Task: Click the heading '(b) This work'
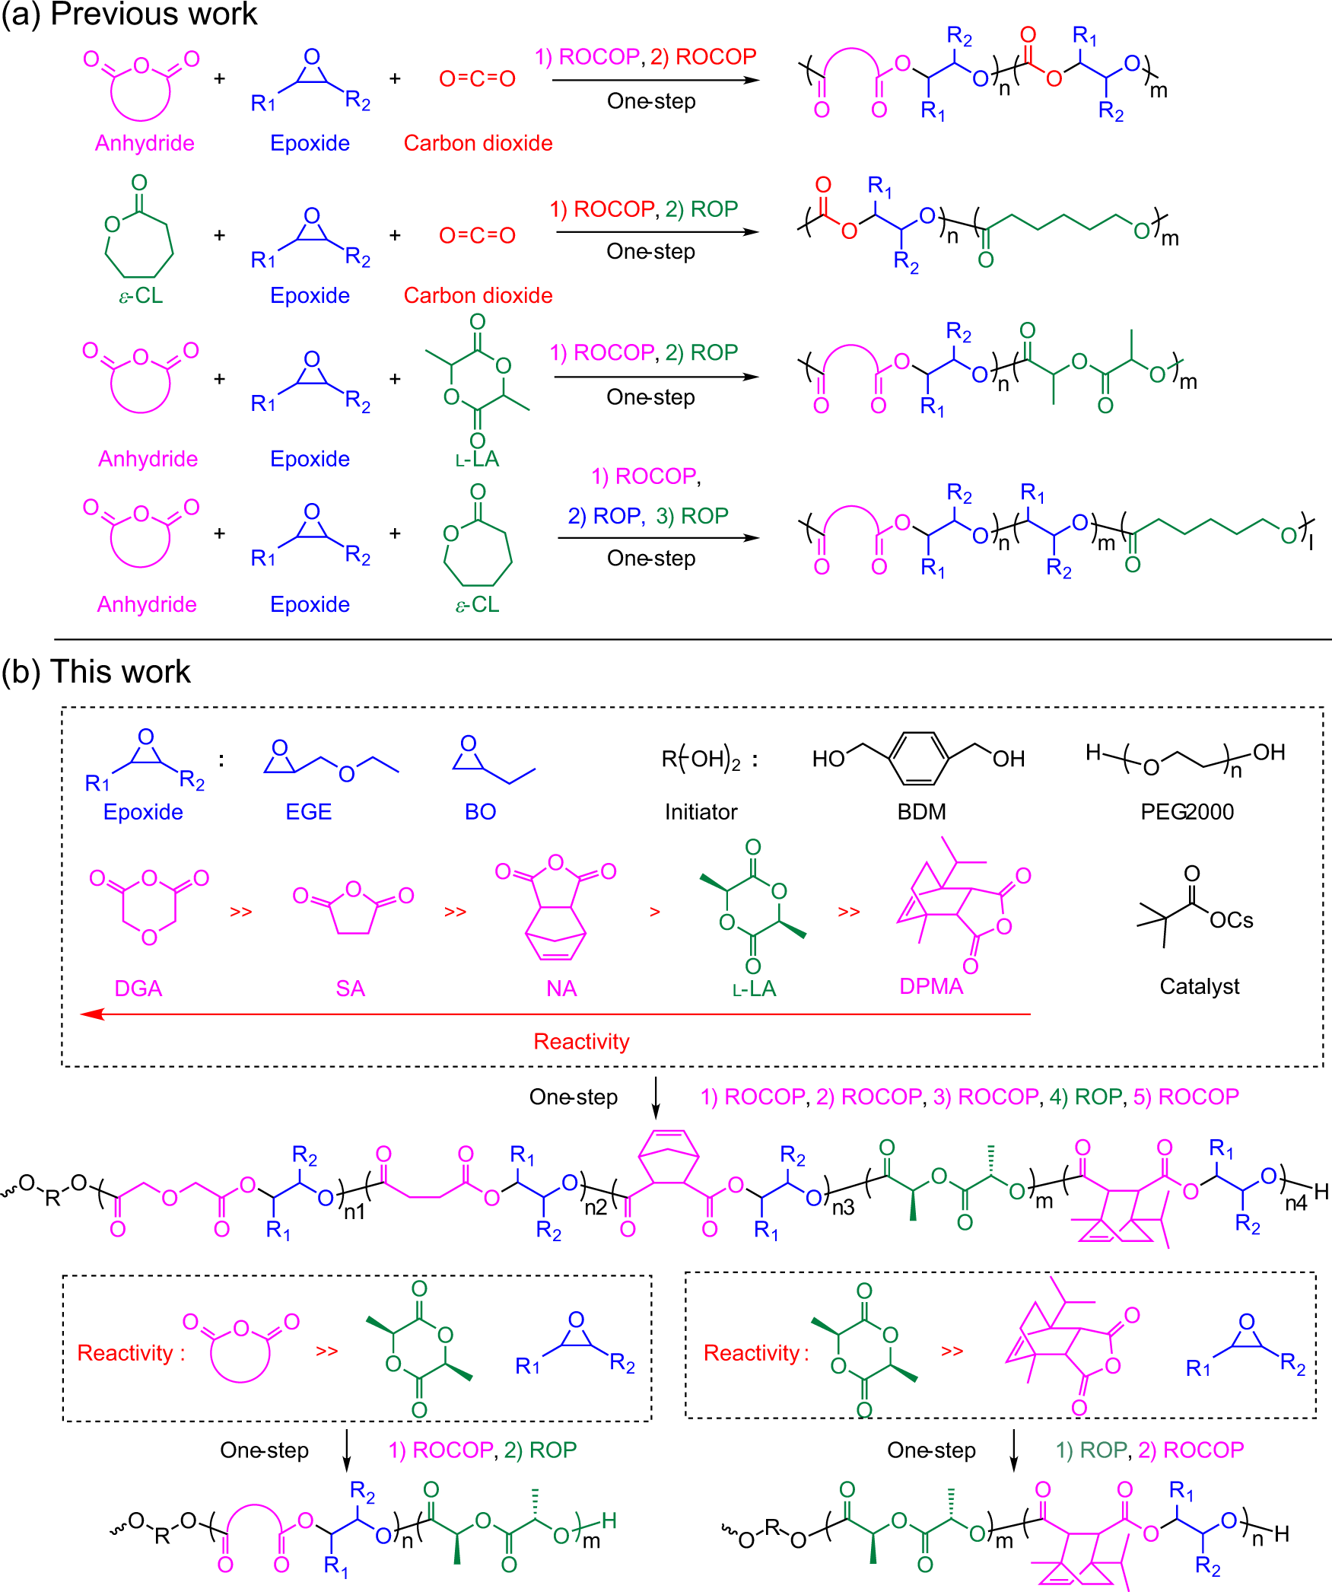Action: (x=96, y=672)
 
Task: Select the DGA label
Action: (x=138, y=989)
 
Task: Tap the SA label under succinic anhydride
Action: (x=350, y=989)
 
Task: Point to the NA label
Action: (x=561, y=989)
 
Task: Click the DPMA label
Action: (x=931, y=986)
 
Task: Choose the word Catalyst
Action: (x=1199, y=986)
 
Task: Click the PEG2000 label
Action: (x=1187, y=812)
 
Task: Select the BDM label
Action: (x=921, y=812)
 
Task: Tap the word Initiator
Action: (x=701, y=812)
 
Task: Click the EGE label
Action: (x=308, y=812)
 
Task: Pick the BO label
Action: (x=480, y=812)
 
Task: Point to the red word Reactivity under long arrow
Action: (x=581, y=1041)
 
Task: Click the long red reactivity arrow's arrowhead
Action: (x=90, y=1014)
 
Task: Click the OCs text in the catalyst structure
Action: (x=1231, y=920)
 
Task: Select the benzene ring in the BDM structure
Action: (x=919, y=758)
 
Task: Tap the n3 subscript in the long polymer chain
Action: (x=843, y=1208)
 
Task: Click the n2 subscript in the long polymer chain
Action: (x=595, y=1208)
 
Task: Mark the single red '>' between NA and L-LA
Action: (x=654, y=912)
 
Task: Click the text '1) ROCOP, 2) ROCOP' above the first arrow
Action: (x=645, y=57)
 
